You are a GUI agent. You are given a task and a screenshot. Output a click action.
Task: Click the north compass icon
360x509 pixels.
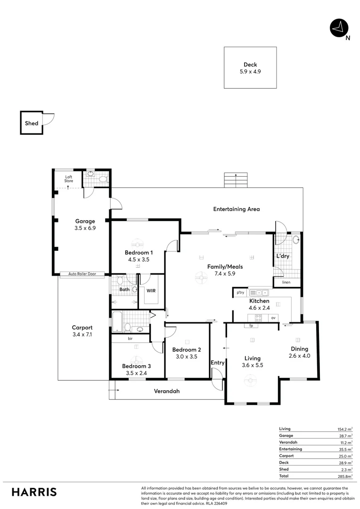pyautogui.click(x=337, y=28)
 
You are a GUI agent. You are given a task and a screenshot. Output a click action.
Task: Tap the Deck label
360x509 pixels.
pyautogui.click(x=250, y=65)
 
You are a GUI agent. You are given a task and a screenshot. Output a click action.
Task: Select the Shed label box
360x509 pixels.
pyautogui.click(x=31, y=123)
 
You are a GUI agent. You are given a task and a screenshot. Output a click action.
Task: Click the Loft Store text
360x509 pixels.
pyautogui.click(x=69, y=179)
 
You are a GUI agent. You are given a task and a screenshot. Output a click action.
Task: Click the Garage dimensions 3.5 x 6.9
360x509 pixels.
pyautogui.click(x=86, y=228)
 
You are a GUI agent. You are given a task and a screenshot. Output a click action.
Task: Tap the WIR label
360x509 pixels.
pyautogui.click(x=151, y=291)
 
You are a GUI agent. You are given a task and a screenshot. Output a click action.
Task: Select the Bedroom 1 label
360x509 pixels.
pyautogui.click(x=138, y=253)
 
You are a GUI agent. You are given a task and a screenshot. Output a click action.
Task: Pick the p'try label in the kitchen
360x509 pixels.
pyautogui.click(x=240, y=293)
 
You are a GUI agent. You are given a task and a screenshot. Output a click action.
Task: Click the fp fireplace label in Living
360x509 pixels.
pyautogui.click(x=251, y=326)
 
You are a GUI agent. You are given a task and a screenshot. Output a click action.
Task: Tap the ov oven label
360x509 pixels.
pyautogui.click(x=273, y=318)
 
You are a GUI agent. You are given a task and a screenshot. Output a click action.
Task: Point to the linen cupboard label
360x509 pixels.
pyautogui.click(x=286, y=283)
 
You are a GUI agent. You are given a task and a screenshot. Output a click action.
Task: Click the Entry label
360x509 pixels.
pyautogui.click(x=218, y=362)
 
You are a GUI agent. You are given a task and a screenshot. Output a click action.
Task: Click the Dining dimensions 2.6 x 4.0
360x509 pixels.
pyautogui.click(x=300, y=356)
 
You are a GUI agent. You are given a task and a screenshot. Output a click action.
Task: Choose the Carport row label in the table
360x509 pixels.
pyautogui.click(x=286, y=456)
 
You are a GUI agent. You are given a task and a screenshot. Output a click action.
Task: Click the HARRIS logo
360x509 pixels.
pyautogui.click(x=34, y=492)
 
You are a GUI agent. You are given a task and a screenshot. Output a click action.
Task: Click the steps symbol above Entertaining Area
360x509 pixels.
pyautogui.click(x=236, y=181)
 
